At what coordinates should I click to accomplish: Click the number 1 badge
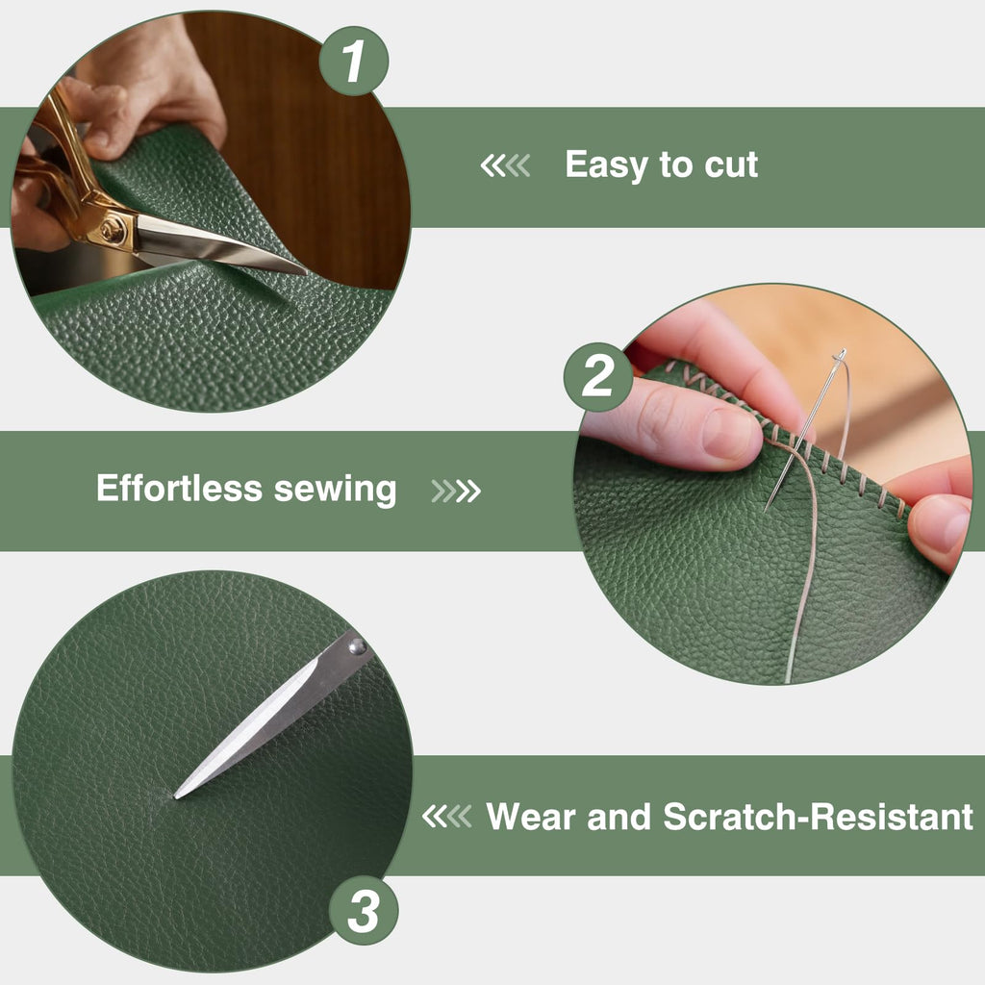[354, 61]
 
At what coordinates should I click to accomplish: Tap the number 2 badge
[598, 377]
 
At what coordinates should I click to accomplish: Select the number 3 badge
[364, 910]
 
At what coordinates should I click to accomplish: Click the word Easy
[606, 165]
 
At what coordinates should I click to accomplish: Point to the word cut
[731, 165]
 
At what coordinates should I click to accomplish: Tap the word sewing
[336, 491]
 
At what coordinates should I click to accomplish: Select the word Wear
[531, 817]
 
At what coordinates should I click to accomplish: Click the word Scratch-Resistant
[818, 817]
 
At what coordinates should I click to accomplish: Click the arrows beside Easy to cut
[505, 165]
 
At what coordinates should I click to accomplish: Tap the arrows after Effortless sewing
[456, 492]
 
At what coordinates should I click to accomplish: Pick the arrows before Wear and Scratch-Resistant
[446, 817]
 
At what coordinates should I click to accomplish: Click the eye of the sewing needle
[841, 356]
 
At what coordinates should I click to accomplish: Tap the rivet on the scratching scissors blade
[357, 646]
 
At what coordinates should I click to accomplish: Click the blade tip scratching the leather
[176, 796]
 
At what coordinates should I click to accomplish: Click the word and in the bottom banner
[619, 817]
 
